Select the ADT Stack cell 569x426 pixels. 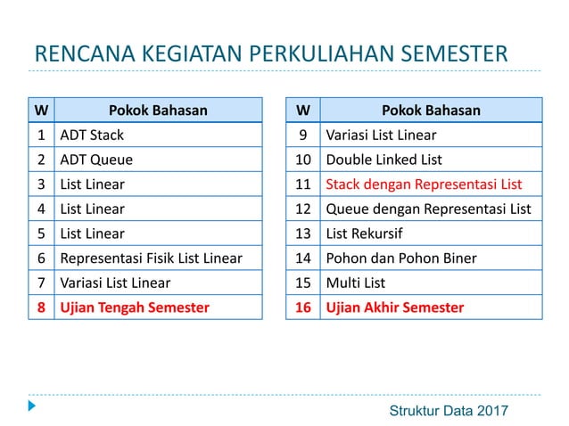[92, 135]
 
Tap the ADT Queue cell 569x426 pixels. [96, 160]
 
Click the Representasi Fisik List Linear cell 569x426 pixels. [151, 258]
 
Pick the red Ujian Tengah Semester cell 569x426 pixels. [135, 307]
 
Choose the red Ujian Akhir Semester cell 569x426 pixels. [395, 307]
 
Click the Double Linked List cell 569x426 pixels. [384, 160]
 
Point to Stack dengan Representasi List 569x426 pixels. [424, 184]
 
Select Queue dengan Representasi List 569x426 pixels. [428, 209]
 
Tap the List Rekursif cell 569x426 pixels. [365, 233]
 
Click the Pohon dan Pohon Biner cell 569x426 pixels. [401, 258]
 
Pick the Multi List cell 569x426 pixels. [356, 283]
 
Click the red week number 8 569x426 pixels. [41, 307]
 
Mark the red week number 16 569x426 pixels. [302, 307]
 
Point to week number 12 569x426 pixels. [302, 209]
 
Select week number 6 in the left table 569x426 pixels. [41, 258]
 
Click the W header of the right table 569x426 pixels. [302, 111]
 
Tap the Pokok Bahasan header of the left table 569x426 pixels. [158, 111]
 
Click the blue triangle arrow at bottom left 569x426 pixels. [32, 406]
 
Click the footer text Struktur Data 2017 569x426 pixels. [449, 410]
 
